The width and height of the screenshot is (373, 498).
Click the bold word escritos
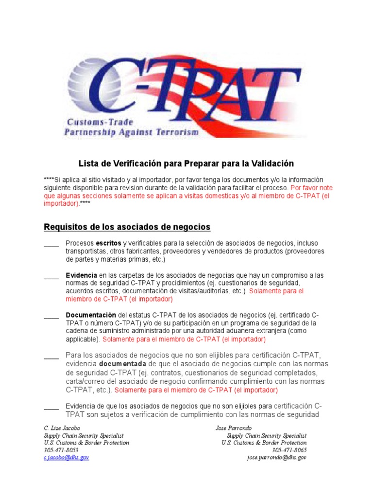tap(108, 243)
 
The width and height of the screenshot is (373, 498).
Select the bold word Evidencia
tap(81, 275)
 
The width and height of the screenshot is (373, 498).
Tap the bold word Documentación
tap(91, 315)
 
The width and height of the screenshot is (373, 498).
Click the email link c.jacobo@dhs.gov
tap(66, 458)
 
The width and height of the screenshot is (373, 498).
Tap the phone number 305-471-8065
tap(289, 450)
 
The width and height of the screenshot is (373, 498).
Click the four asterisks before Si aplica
tap(49, 180)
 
